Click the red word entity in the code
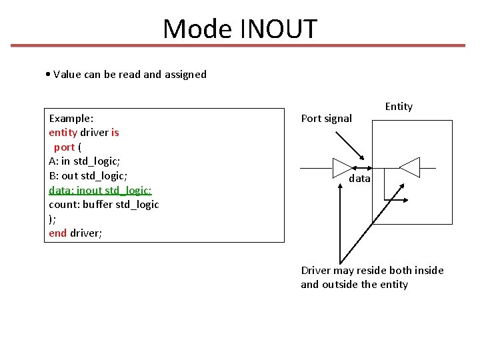pos(62,132)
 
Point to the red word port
pos(64,147)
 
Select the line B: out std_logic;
pos(88,175)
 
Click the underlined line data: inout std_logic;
pos(100,189)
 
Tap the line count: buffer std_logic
pos(103,204)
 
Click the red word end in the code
pos(58,233)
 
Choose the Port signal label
pos(326,119)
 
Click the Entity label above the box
pos(399,107)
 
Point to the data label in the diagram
pos(359,179)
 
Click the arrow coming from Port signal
pos(346,146)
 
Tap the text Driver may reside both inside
pos(372,270)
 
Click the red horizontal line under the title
pos(240,46)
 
